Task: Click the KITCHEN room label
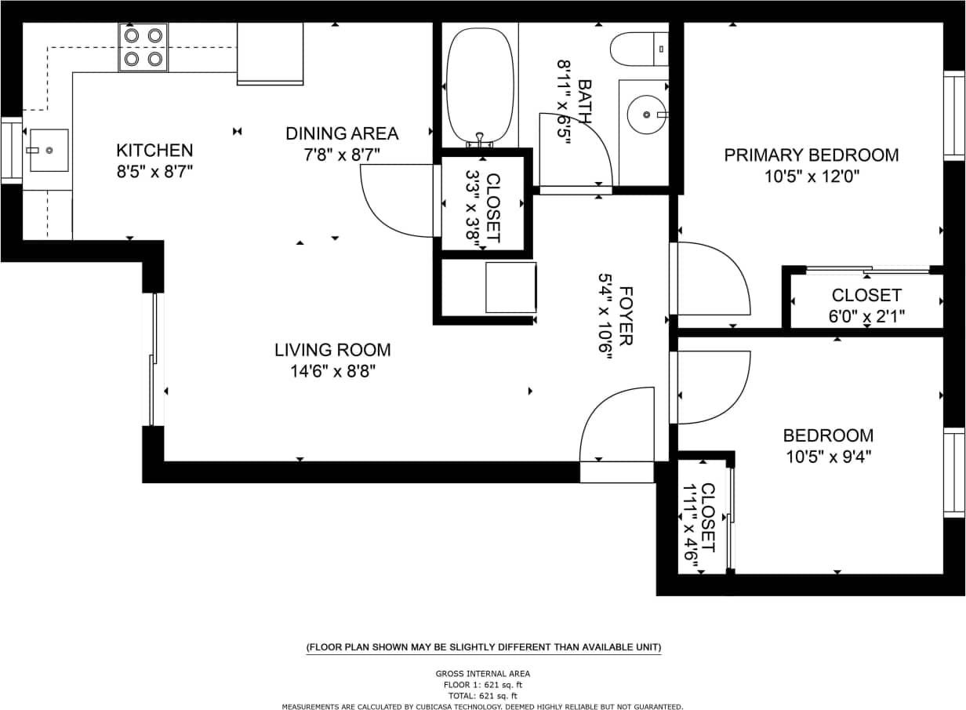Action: point(154,150)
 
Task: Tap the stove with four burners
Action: point(143,47)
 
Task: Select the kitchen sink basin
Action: point(49,150)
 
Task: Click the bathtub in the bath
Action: point(480,85)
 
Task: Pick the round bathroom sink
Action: point(646,115)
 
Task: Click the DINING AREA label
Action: point(342,133)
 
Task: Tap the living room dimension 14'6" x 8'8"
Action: point(332,371)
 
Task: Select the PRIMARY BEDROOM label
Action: point(812,155)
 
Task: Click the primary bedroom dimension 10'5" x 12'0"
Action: point(812,177)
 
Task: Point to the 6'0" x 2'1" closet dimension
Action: point(866,317)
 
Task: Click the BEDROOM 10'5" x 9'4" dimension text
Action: point(828,457)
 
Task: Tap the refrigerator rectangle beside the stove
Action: point(270,53)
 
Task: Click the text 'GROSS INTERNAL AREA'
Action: point(483,673)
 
